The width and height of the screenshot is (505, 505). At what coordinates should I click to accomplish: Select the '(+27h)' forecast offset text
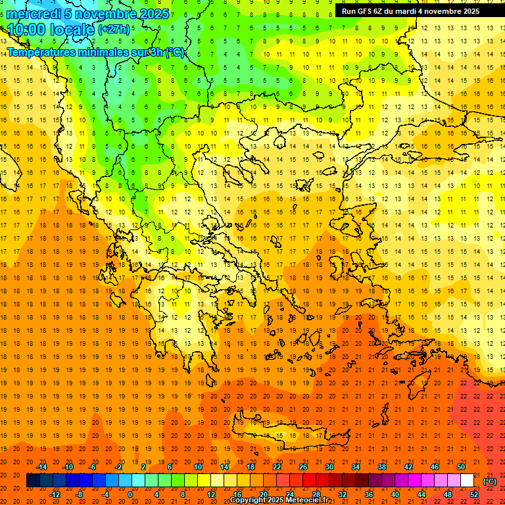114,30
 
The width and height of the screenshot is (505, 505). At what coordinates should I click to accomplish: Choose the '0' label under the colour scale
130,494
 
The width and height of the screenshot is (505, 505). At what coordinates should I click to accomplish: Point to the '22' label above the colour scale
277,467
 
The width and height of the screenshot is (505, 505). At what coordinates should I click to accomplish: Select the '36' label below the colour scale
368,494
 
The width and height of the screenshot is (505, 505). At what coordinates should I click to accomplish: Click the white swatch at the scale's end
467,481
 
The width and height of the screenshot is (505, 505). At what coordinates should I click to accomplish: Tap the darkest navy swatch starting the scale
33,481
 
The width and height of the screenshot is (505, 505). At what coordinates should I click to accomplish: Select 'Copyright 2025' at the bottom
252,500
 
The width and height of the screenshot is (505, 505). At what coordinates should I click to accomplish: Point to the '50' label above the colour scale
461,467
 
